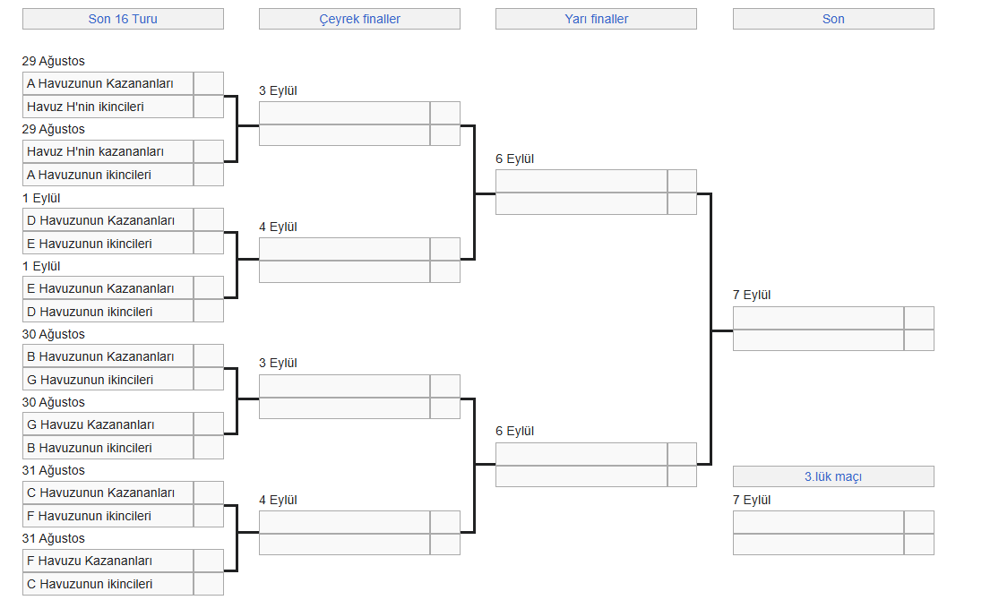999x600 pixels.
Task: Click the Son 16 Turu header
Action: point(123,19)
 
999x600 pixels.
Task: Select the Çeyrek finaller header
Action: point(359,19)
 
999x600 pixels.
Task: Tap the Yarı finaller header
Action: point(597,19)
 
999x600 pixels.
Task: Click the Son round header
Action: point(833,19)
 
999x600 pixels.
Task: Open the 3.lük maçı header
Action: point(833,476)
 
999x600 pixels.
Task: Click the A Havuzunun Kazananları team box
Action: point(108,83)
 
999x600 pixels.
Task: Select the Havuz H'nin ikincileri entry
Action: point(108,107)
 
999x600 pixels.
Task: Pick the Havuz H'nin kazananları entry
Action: point(108,151)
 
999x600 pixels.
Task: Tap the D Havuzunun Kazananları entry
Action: point(108,220)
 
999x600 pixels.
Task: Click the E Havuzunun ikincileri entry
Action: point(108,244)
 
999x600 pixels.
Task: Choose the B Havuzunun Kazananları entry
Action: point(108,356)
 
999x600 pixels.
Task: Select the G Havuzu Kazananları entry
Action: point(108,424)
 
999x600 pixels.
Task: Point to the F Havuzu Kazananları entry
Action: point(108,561)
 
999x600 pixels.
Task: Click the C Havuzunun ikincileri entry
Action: point(108,584)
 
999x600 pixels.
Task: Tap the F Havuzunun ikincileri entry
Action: point(108,516)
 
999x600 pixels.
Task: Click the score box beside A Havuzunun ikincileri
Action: point(209,175)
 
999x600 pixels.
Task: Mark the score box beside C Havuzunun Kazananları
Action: point(209,493)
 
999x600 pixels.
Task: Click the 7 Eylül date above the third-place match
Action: point(752,500)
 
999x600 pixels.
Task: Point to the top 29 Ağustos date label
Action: point(54,61)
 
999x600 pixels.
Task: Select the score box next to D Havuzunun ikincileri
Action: point(209,312)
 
